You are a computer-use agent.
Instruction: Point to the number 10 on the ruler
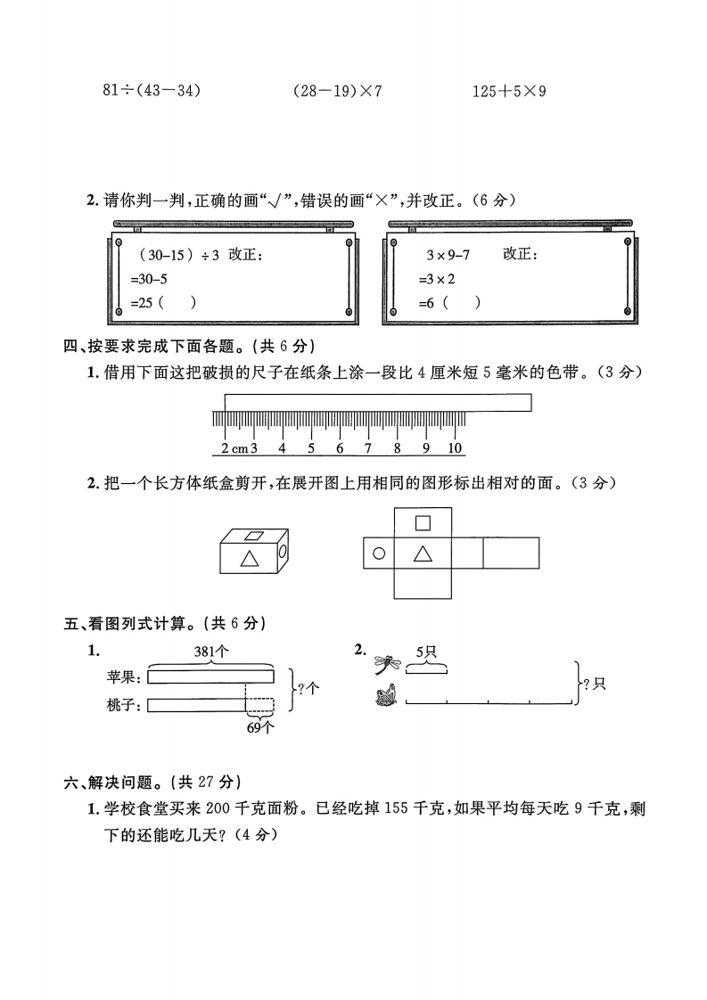coord(455,448)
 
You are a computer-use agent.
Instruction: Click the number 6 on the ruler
coord(340,448)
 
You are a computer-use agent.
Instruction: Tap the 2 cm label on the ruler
coord(235,448)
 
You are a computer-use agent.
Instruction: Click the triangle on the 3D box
coord(251,559)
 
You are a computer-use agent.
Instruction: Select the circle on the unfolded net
coord(379,553)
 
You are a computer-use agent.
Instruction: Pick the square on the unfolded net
coord(423,523)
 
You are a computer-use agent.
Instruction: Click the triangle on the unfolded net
coord(423,553)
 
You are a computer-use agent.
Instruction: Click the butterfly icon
coord(387,695)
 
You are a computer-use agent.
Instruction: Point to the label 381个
coord(212,652)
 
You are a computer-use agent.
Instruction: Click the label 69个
coord(259,726)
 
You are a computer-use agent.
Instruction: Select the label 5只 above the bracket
coord(427,652)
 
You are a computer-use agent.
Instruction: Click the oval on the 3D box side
coord(284,553)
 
